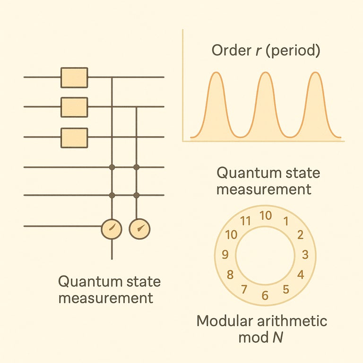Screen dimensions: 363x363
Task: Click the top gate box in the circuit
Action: click(x=74, y=77)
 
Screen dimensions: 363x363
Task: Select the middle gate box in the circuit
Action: click(x=74, y=107)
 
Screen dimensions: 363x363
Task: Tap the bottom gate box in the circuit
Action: click(x=74, y=137)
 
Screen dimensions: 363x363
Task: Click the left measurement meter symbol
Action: click(x=112, y=229)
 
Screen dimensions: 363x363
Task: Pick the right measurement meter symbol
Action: click(x=139, y=229)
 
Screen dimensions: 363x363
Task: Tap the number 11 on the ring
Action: click(x=245, y=221)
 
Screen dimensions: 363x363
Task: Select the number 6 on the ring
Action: click(x=265, y=295)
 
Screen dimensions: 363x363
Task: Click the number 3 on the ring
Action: click(x=305, y=255)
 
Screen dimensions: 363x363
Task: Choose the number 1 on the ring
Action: click(x=285, y=221)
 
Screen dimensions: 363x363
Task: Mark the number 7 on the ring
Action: click(x=244, y=289)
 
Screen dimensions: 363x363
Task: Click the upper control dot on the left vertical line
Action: click(x=112, y=167)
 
